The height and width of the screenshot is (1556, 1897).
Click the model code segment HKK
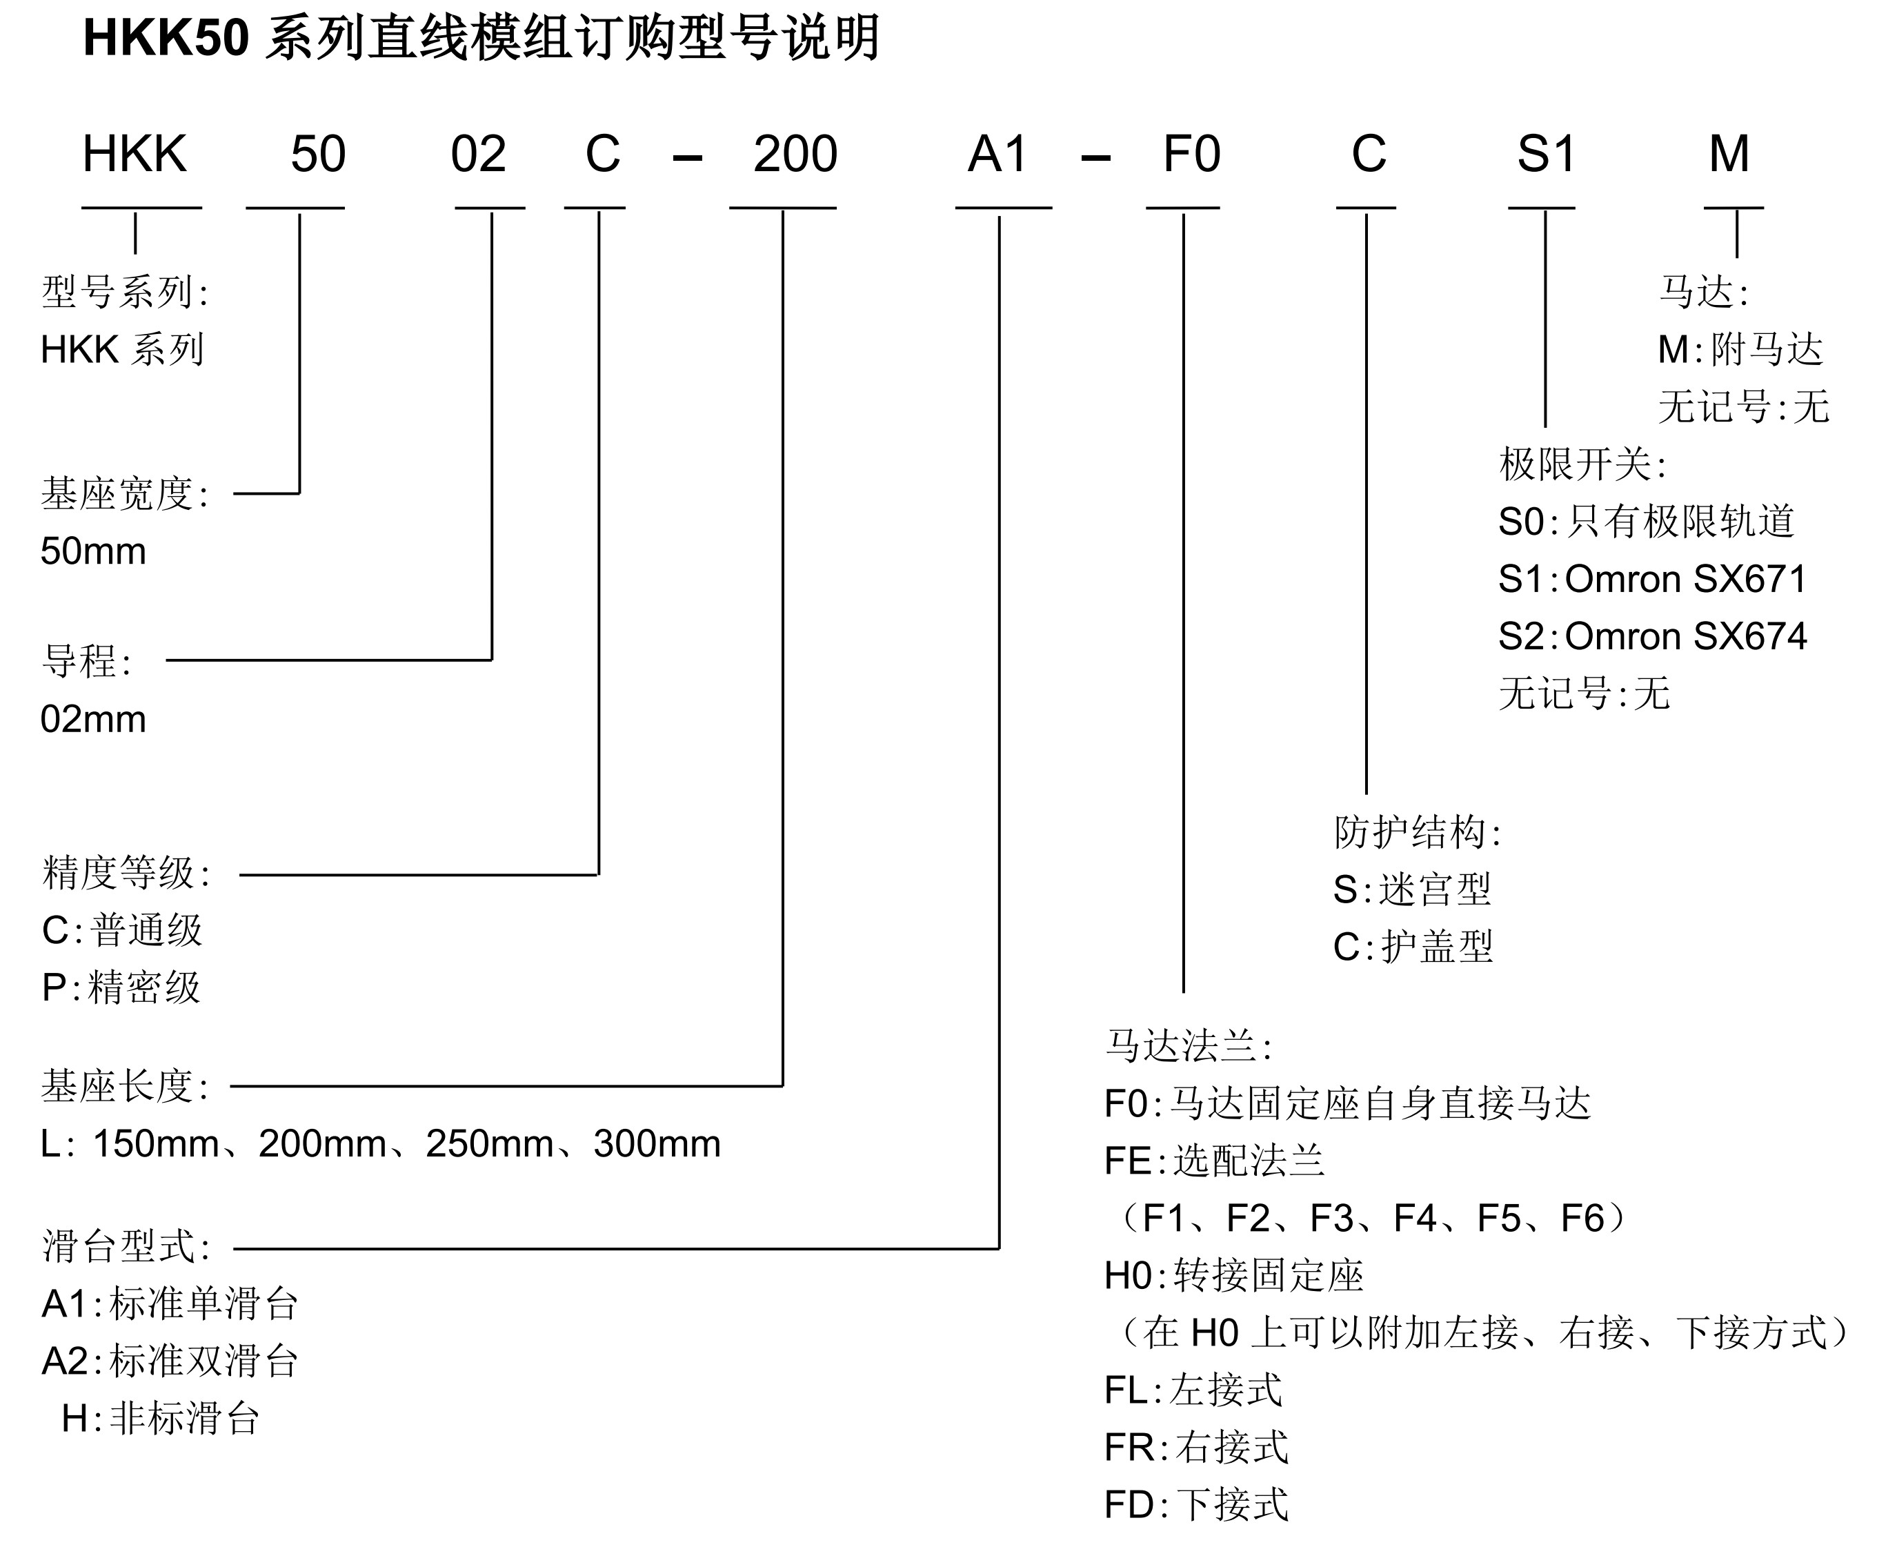tap(135, 154)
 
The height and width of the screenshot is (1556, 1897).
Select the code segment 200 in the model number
tap(795, 154)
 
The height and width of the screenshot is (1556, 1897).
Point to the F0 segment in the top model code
tap(1191, 154)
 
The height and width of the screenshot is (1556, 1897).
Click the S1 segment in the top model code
tap(1546, 154)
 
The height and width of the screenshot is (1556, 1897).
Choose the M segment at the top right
tap(1729, 154)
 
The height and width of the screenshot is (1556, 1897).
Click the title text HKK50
tap(166, 39)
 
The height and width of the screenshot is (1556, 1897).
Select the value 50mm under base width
tap(93, 551)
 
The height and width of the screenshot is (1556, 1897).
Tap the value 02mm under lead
tap(93, 719)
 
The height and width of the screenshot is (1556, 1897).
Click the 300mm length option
tap(657, 1143)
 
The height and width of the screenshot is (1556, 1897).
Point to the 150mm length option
tap(156, 1143)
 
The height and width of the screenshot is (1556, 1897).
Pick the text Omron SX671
tap(1685, 579)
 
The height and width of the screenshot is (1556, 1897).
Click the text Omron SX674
tap(1685, 636)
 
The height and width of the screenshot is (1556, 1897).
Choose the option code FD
tap(1127, 1505)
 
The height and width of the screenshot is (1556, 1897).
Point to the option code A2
tap(65, 1361)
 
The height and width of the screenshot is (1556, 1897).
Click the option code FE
tap(1127, 1161)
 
